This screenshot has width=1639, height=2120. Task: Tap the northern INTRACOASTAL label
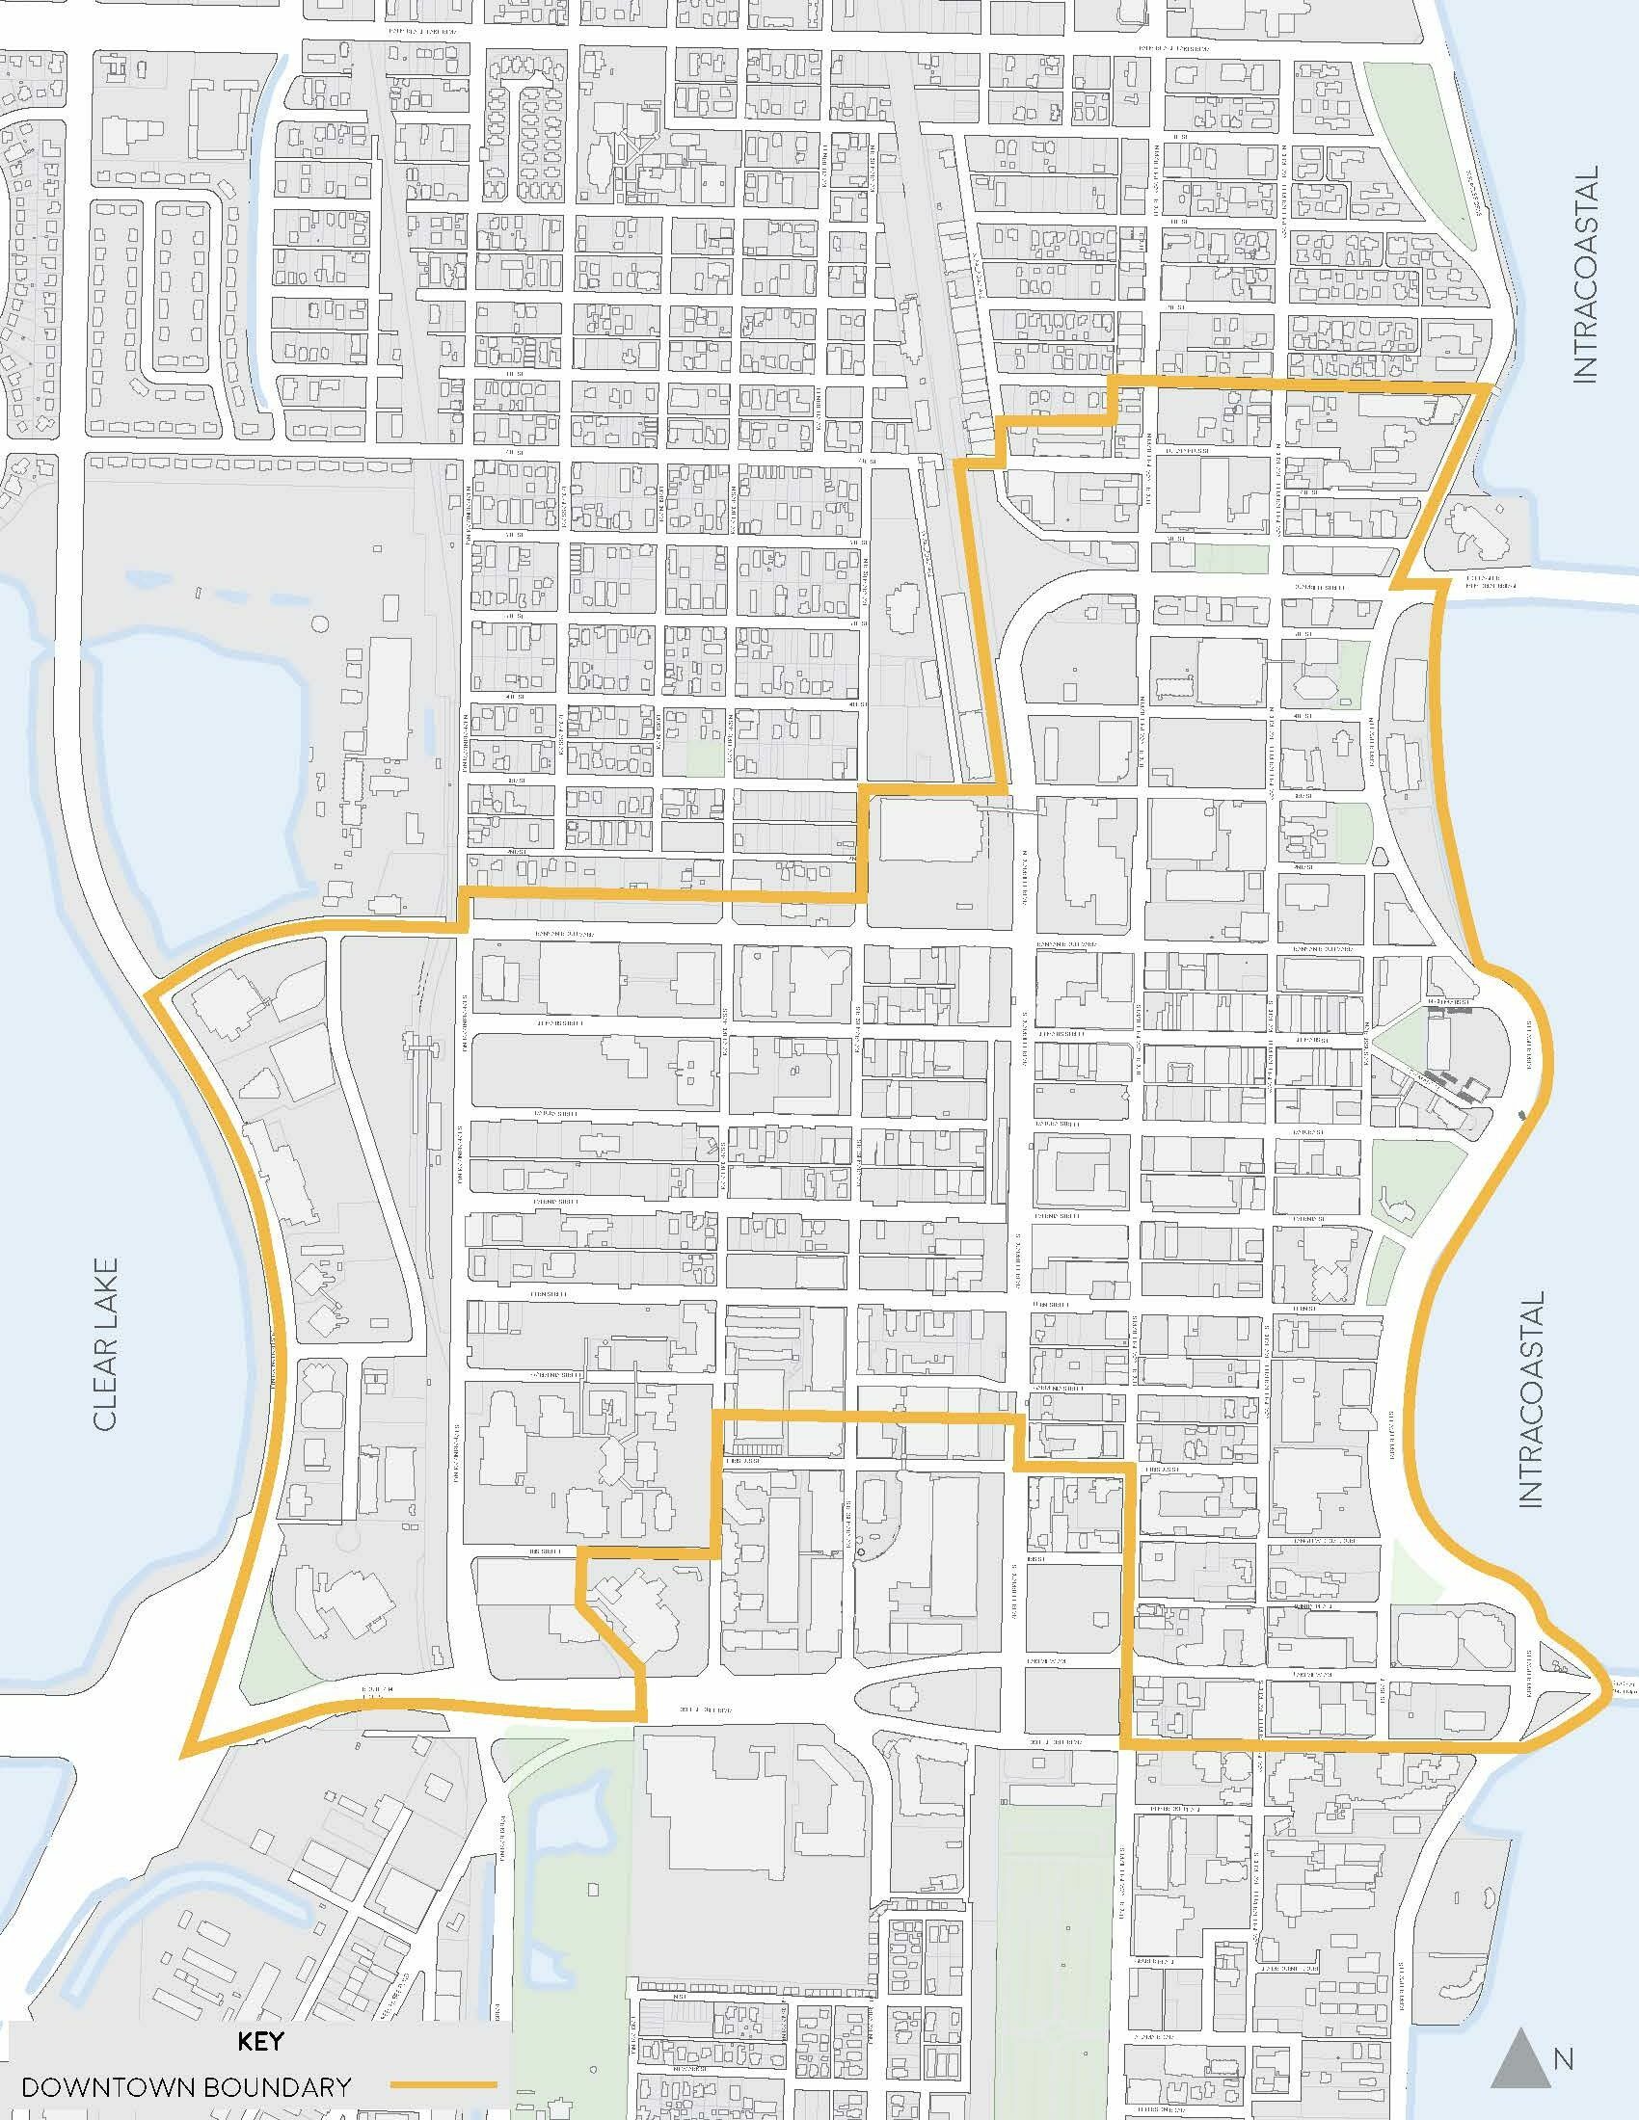point(1585,276)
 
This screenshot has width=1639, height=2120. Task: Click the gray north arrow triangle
point(1518,2049)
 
